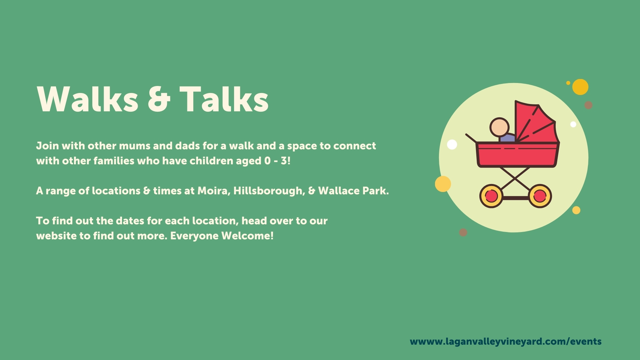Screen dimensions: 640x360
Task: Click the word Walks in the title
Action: tap(87, 99)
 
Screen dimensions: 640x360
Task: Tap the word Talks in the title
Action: tap(224, 99)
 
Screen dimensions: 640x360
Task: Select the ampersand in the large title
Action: tap(159, 99)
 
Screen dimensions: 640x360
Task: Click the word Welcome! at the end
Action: tap(247, 236)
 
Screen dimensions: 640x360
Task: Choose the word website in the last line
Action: tap(56, 236)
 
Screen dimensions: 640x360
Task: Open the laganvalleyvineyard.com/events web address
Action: tap(506, 342)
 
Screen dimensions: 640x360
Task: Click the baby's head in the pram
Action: tap(499, 127)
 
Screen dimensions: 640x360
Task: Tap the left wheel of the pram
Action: tap(491, 196)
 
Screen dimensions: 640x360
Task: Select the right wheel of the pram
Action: tap(540, 196)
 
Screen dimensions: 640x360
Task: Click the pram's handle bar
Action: tap(471, 139)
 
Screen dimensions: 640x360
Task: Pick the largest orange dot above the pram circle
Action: tap(580, 87)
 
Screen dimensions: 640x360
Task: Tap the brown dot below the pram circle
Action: tap(463, 232)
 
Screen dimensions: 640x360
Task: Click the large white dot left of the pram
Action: tap(452, 145)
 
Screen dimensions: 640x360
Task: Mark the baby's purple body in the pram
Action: tap(507, 138)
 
